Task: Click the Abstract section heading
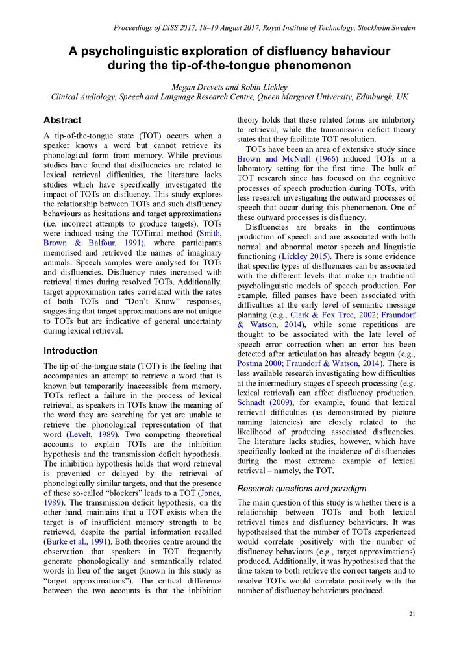[x=62, y=121]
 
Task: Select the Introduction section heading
[x=70, y=350]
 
